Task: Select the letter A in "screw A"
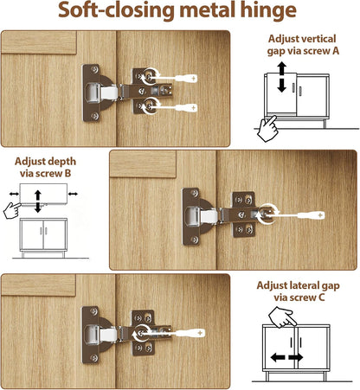coord(336,51)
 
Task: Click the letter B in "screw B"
coord(67,173)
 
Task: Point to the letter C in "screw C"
coord(322,297)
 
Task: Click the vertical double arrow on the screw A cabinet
coord(282,77)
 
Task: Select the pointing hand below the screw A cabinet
coord(267,129)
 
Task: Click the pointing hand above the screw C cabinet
coord(282,317)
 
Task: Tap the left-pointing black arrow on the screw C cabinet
coord(278,358)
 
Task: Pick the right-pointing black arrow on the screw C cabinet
coord(296,358)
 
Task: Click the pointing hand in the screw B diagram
coord(12,210)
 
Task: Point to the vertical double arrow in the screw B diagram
coord(38,201)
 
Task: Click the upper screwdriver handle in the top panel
coord(186,78)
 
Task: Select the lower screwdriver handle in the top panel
coord(186,108)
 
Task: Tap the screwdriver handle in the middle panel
coord(311,215)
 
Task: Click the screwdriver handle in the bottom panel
coord(190,333)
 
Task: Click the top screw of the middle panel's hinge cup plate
coord(195,194)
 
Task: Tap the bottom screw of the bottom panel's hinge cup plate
coord(93,358)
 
